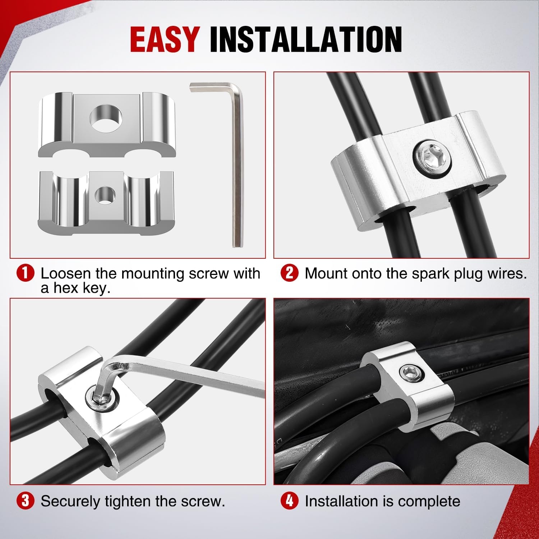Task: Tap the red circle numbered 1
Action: [25, 274]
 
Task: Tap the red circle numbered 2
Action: [290, 274]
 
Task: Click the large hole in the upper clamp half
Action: [106, 117]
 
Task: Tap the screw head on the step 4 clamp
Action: [411, 374]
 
